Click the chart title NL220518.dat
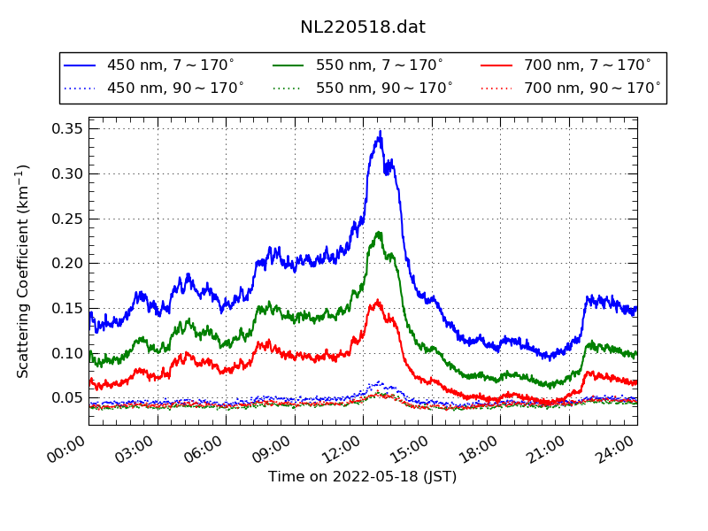363,27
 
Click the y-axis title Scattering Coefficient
24,271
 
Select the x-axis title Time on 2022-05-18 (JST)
363,477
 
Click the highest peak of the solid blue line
381,132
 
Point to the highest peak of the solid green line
379,232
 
